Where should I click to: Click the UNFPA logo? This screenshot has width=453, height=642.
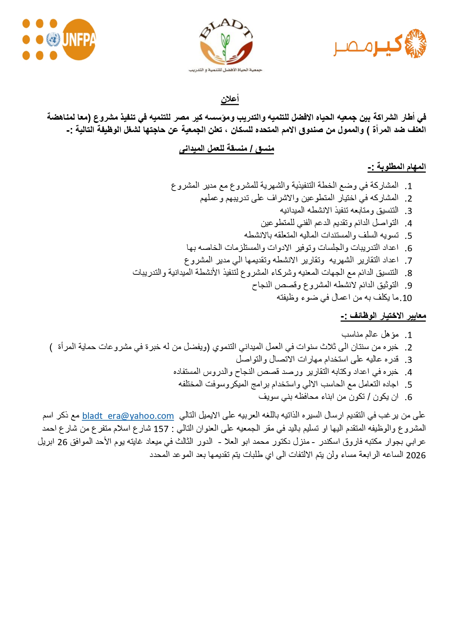point(59,40)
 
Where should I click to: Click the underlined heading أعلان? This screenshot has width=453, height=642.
point(230,99)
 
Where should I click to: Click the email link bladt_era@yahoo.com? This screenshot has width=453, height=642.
point(128,416)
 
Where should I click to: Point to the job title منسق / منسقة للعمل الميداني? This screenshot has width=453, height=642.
point(226,149)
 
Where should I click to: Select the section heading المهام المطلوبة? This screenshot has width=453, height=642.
point(397,167)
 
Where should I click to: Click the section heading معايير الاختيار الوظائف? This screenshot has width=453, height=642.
point(384,316)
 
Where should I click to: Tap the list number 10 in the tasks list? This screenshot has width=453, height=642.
point(407,298)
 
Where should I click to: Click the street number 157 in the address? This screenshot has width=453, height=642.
point(161,429)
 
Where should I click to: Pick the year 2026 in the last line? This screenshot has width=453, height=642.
point(416,455)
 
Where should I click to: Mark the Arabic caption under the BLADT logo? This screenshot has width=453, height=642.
point(225,70)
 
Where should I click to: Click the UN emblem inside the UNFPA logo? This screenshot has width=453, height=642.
point(53,40)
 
